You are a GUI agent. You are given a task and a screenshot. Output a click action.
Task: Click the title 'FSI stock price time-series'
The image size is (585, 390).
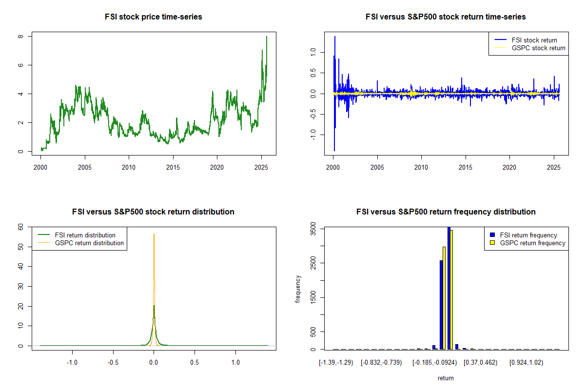pyautogui.click(x=154, y=17)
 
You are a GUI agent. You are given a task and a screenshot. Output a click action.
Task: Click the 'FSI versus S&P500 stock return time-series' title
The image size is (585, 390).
pyautogui.click(x=446, y=17)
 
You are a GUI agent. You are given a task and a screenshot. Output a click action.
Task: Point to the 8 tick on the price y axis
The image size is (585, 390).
pyautogui.click(x=20, y=37)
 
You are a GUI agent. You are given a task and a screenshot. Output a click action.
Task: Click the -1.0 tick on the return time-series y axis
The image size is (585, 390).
pyautogui.click(x=313, y=133)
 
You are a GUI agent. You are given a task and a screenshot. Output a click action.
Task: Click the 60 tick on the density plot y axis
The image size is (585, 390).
pyautogui.click(x=20, y=227)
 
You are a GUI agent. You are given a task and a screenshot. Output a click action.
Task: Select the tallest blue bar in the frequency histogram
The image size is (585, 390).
pyautogui.click(x=448, y=288)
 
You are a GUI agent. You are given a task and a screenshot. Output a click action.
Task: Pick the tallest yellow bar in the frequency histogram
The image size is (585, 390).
pyautogui.click(x=451, y=290)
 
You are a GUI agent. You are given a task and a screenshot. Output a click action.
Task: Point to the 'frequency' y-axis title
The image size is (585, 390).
pyautogui.click(x=298, y=289)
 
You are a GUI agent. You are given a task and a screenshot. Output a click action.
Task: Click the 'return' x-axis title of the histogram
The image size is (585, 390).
pyautogui.click(x=446, y=378)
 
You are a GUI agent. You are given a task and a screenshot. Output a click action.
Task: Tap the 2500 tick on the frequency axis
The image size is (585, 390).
pyautogui.click(x=313, y=263)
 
